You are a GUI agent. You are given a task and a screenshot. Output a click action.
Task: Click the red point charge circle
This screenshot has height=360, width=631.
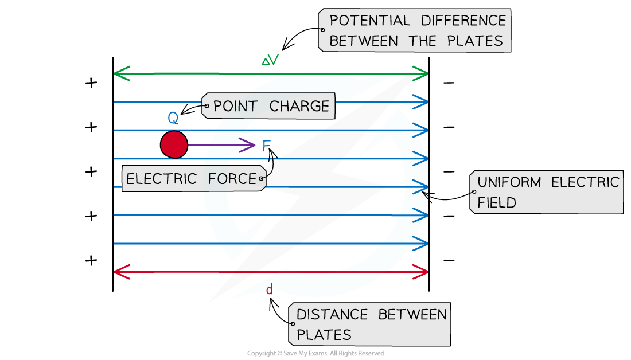174,144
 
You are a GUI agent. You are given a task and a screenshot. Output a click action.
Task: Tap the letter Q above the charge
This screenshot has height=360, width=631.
173,119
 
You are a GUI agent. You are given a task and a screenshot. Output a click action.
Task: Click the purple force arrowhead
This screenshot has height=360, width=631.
249,146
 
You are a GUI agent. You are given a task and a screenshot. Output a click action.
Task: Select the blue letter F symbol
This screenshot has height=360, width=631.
266,146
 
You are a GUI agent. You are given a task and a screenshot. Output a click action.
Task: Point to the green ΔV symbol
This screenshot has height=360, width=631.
270,60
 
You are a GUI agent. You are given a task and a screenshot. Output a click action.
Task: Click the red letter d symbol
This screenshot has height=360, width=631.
269,290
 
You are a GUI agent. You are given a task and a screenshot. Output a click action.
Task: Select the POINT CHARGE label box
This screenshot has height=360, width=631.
268,106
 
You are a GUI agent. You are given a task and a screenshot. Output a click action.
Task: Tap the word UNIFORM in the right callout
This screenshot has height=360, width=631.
509,183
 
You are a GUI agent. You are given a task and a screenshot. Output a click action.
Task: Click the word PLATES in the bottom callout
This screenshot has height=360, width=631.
324,334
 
